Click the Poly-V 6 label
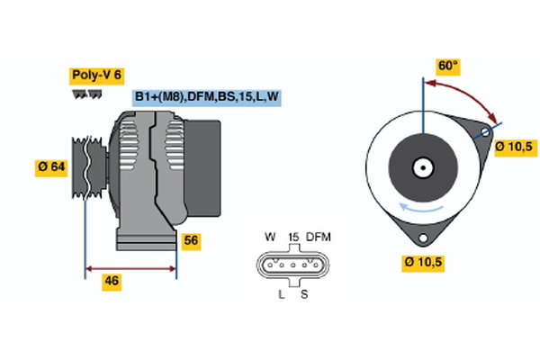coord(95,76)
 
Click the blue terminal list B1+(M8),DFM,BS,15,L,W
coord(206,97)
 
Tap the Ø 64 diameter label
coord(51,166)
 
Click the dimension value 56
coord(191,240)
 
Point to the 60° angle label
coord(447,66)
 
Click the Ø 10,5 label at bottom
coord(426,263)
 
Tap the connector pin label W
coord(269,237)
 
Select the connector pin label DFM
coord(318,237)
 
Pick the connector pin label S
coord(303,295)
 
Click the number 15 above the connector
coord(292,237)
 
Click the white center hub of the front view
coord(422,166)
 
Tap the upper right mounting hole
coord(486,131)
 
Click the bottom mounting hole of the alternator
coord(423,239)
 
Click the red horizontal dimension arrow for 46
coord(130,267)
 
